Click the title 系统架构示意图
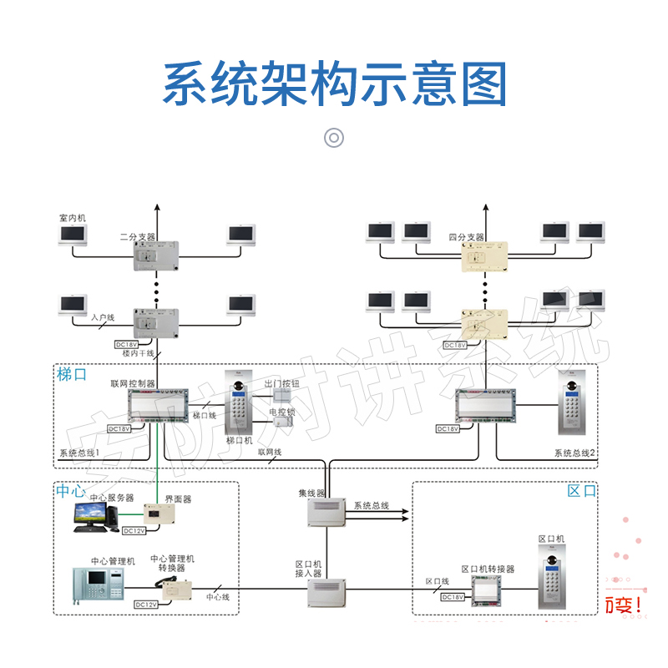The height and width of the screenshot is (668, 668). (334, 83)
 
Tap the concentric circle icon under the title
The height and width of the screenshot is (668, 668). (334, 138)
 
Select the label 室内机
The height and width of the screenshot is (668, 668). (73, 218)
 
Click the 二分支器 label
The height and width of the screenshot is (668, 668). (138, 236)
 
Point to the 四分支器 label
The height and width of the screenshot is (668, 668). (466, 236)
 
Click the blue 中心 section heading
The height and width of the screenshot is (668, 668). (71, 491)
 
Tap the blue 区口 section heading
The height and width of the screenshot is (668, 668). (582, 491)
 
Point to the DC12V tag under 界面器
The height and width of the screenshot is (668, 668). (134, 530)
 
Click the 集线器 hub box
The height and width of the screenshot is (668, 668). (326, 513)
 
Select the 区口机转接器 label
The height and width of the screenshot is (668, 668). (488, 569)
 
